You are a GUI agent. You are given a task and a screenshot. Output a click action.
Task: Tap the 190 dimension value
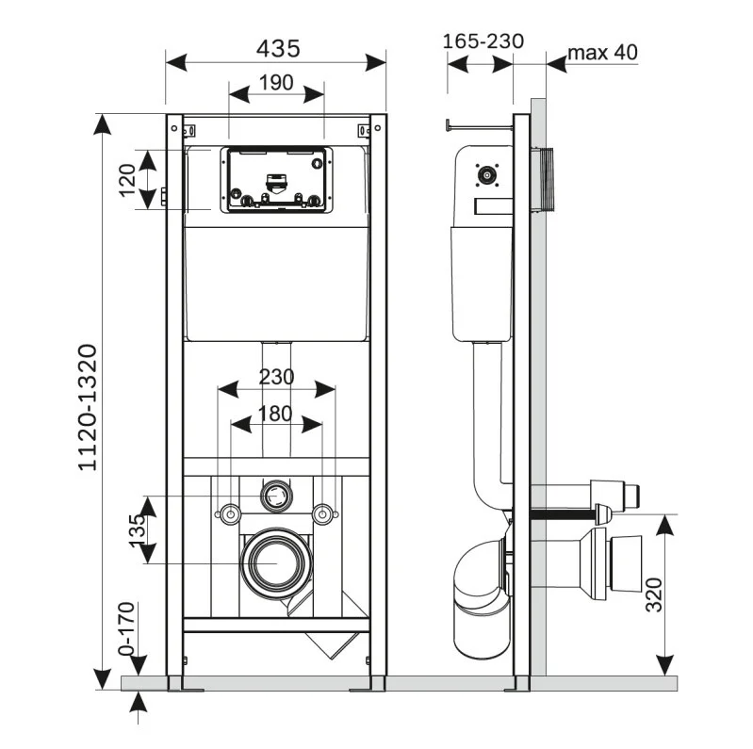275,83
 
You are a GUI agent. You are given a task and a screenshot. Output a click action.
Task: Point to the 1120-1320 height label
87,407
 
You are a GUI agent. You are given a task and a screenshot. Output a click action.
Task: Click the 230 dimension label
275,377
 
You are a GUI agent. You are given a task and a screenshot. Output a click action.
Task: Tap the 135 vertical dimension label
138,529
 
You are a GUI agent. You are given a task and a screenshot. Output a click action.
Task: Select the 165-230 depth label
482,41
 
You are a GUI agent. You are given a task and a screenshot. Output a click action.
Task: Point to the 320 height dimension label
657,594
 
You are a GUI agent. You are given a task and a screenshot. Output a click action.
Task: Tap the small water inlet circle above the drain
275,491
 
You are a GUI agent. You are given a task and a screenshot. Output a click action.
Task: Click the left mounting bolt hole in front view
228,514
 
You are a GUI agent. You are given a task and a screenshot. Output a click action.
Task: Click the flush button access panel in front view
275,179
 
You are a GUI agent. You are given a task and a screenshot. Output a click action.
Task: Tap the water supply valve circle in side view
485,174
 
